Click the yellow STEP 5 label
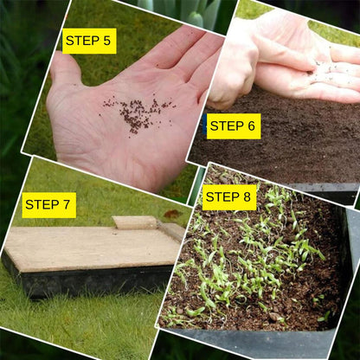pyautogui.click(x=89, y=41)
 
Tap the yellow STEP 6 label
pyautogui.click(x=233, y=125)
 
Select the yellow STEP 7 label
pyautogui.click(x=48, y=205)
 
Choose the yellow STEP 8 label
pyautogui.click(x=228, y=197)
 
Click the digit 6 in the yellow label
pyautogui.click(x=251, y=125)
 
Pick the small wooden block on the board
pyautogui.click(x=135, y=222)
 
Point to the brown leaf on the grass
pyautogui.click(x=173, y=214)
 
